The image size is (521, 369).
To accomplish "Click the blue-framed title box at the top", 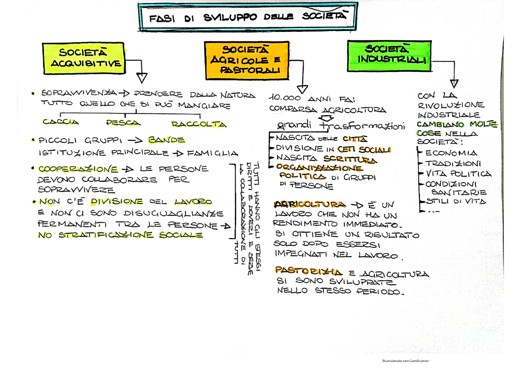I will click(247, 17).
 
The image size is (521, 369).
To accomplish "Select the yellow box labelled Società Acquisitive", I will click(83, 58).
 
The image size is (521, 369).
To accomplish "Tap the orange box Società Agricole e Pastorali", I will click(247, 60).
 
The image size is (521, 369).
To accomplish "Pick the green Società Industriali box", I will click(389, 56).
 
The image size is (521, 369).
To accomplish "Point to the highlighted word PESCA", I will click(123, 123).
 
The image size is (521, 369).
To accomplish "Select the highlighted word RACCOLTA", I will click(199, 124).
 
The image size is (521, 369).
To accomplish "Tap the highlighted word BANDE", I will click(166, 140).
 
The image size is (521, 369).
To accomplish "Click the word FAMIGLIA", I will click(212, 153).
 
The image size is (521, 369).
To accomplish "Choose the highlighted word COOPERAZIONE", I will click(78, 169).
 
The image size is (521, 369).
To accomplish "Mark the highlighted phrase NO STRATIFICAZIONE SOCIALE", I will click(120, 235).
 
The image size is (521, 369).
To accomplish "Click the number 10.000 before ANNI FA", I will click(285, 98).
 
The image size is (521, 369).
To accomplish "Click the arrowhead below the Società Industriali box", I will click(454, 84).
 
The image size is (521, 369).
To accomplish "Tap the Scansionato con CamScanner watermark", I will click(405, 361).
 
